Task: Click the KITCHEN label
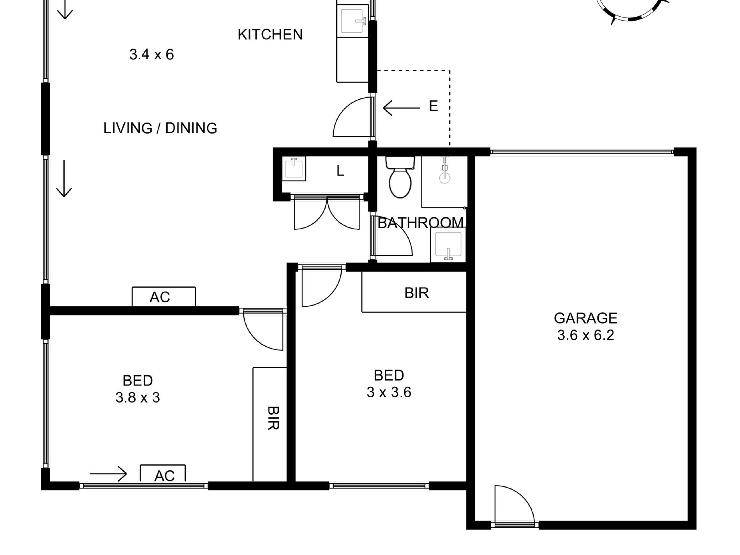click(x=270, y=35)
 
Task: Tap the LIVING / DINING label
click(x=160, y=128)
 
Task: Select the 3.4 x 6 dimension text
click(x=152, y=55)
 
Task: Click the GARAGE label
click(x=585, y=318)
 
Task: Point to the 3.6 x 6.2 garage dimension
click(x=585, y=335)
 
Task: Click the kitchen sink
click(x=353, y=20)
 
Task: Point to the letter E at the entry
click(x=433, y=106)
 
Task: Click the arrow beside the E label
click(x=402, y=108)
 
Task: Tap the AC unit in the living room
click(x=164, y=297)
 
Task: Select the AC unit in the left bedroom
click(x=163, y=474)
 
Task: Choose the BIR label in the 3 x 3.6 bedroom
click(x=416, y=292)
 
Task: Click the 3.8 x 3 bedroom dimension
click(x=137, y=398)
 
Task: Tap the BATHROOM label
click(x=421, y=223)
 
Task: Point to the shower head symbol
click(x=444, y=172)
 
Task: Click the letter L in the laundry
click(x=340, y=171)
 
